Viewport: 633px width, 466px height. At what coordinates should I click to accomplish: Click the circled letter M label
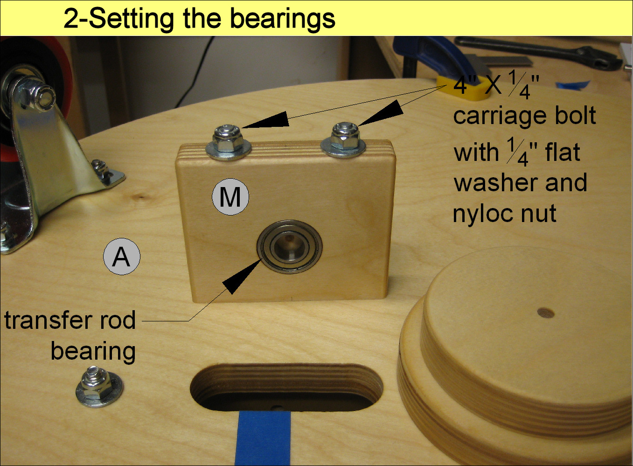coord(230,197)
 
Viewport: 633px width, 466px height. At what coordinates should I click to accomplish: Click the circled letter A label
coord(121,256)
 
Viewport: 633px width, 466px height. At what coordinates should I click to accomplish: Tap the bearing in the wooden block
coord(289,246)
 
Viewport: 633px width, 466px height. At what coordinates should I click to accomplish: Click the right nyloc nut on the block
coord(345,135)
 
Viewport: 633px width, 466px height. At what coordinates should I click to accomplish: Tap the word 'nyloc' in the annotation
coord(487,214)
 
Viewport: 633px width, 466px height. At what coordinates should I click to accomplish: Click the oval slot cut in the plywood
coord(286,387)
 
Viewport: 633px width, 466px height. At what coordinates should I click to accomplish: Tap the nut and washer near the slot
coord(99,387)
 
